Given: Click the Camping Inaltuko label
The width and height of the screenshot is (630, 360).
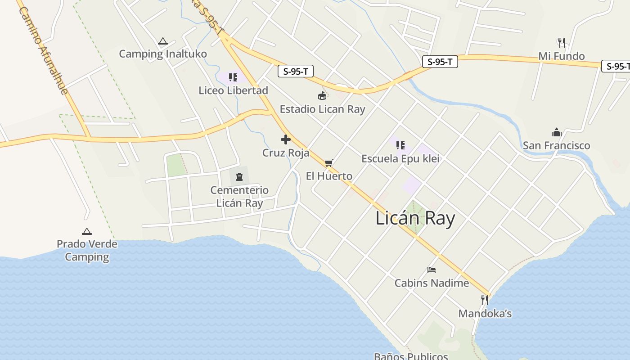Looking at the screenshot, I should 163,54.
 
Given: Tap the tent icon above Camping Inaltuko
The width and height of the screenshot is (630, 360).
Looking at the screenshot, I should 162,41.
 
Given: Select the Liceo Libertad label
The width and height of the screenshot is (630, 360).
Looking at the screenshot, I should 233,90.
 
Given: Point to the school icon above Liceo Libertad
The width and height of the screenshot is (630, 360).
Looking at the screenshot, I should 233,77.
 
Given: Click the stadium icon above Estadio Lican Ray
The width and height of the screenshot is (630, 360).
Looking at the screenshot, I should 322,95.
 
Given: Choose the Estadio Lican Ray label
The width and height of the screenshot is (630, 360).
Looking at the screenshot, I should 322,109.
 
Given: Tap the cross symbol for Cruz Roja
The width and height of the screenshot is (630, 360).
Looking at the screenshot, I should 285,139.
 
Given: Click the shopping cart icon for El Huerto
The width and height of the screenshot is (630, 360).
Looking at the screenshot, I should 328,163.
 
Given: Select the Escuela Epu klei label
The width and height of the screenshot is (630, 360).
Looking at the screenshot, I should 400,159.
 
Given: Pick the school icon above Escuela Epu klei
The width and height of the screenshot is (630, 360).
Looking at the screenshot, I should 400,145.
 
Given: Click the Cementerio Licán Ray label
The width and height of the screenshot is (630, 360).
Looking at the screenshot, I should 239,197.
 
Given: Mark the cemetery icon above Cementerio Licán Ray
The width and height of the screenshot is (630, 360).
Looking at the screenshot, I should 239,177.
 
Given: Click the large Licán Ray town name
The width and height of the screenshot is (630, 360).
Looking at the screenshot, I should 415,219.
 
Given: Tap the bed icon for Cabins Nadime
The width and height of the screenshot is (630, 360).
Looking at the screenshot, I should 432,270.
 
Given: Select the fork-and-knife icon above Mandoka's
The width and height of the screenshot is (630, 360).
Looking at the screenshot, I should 485,300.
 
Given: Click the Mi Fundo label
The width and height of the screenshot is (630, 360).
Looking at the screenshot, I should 562,56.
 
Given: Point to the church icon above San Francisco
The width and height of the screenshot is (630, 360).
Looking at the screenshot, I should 557,132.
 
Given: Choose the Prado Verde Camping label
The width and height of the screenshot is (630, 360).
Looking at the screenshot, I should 87,251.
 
